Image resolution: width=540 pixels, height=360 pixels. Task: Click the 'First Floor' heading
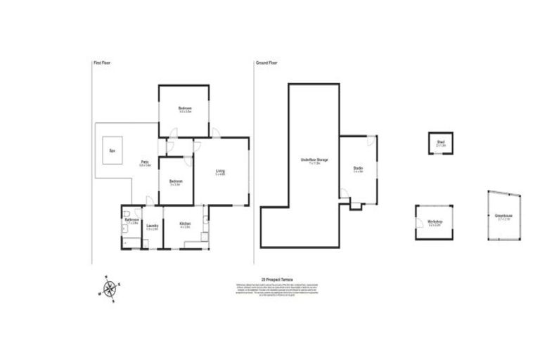coord(102,63)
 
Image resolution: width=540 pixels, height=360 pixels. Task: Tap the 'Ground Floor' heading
coord(264,63)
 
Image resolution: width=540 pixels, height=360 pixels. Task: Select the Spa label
coord(112,150)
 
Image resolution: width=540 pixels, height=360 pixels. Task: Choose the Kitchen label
coord(186,224)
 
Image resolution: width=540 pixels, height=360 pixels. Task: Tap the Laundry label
coord(151,226)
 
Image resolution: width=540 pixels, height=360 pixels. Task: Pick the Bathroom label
coord(131,221)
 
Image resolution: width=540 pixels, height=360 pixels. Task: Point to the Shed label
coord(440,143)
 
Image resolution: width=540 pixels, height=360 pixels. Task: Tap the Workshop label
coord(434,223)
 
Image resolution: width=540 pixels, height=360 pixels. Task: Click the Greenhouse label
coord(503,216)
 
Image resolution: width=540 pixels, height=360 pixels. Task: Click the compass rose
coord(110,288)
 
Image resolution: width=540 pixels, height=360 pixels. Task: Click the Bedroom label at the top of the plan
coord(185,108)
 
